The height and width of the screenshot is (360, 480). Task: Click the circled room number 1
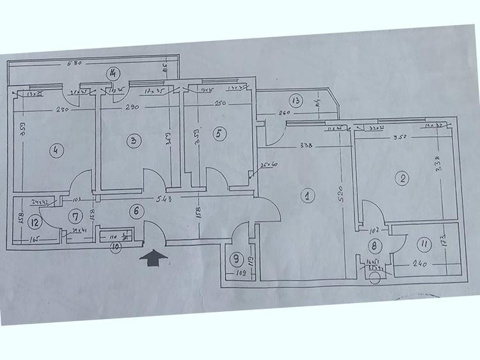click(307, 196)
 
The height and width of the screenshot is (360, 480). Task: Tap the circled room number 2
click(402, 179)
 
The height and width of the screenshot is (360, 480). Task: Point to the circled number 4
click(57, 151)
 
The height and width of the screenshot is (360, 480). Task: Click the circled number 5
click(219, 134)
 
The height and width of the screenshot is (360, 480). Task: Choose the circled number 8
click(375, 245)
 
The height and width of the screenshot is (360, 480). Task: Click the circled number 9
click(236, 259)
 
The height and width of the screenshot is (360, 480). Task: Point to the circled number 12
click(35, 223)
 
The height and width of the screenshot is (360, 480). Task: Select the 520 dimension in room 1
click(341, 190)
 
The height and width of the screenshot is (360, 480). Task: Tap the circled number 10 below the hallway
click(116, 246)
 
